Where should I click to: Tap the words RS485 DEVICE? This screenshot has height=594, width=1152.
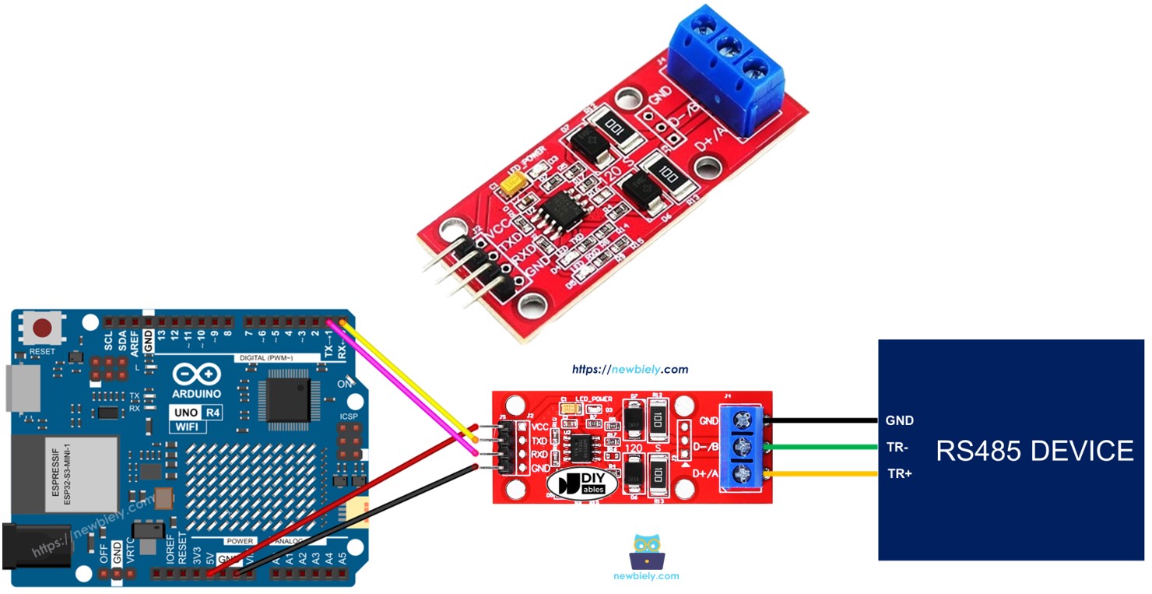1034,451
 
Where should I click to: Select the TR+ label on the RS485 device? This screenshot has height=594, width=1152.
900,473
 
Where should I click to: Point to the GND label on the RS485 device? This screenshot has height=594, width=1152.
899,420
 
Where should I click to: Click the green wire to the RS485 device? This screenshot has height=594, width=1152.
825,447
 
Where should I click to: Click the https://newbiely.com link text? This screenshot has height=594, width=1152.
630,370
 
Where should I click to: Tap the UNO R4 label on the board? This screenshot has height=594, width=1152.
197,412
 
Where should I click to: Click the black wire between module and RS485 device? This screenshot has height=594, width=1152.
825,420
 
